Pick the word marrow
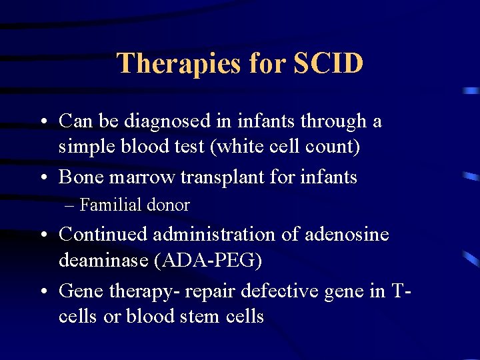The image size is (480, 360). [145, 177]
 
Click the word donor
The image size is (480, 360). [171, 205]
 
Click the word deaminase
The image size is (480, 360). [103, 260]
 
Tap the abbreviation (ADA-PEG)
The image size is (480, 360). [208, 260]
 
